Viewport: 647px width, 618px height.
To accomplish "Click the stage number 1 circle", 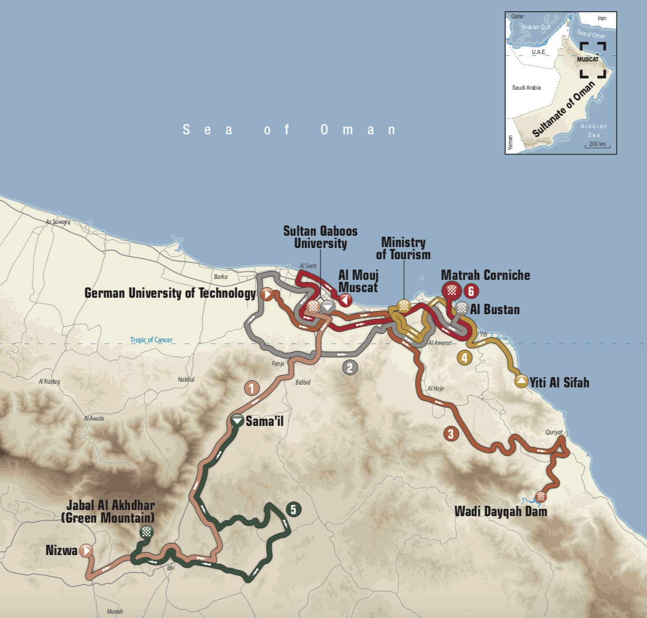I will click(252, 388).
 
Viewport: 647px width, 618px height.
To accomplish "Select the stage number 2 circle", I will click(349, 368).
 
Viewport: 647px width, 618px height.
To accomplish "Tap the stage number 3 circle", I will click(451, 434).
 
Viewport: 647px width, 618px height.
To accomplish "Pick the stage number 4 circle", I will click(465, 358).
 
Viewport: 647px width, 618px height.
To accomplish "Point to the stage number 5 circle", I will click(293, 510).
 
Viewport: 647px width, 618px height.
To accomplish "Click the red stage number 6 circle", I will click(471, 291).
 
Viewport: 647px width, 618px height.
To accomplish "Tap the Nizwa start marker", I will click(86, 550).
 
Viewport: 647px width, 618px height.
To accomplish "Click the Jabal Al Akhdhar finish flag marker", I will click(147, 532).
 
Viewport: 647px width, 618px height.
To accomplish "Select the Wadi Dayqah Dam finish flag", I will click(541, 496).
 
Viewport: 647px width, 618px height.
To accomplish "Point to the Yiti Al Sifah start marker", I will click(521, 381).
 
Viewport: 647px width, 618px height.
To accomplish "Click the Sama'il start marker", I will click(237, 421).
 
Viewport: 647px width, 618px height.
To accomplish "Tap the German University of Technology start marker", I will click(267, 294).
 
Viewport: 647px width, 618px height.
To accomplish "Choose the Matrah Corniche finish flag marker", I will click(452, 291).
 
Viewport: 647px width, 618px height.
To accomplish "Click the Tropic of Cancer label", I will click(151, 340).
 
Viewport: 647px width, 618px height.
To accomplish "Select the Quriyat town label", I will click(554, 433).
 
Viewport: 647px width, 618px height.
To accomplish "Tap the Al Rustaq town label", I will click(49, 381).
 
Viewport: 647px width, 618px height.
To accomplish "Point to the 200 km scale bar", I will click(597, 146).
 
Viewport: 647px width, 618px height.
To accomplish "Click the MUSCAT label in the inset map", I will click(588, 59).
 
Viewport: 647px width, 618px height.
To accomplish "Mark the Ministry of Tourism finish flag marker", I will click(403, 306).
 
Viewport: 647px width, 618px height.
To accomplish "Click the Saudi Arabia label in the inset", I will click(526, 88).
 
